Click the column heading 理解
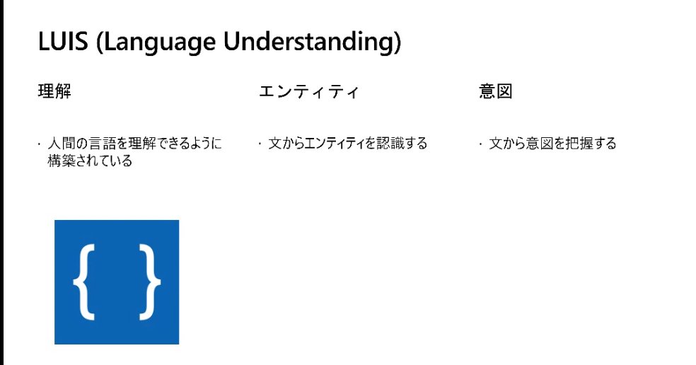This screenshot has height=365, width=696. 54,92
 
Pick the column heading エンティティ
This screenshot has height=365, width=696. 308,92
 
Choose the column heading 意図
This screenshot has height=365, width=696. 495,92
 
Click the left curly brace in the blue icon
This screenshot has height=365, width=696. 83,282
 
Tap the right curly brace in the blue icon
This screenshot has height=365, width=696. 150,282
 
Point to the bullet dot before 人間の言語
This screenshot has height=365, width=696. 40,144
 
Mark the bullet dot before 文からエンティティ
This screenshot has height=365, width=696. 260,144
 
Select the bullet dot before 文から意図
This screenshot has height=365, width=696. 481,144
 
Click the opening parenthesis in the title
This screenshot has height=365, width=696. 101,42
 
